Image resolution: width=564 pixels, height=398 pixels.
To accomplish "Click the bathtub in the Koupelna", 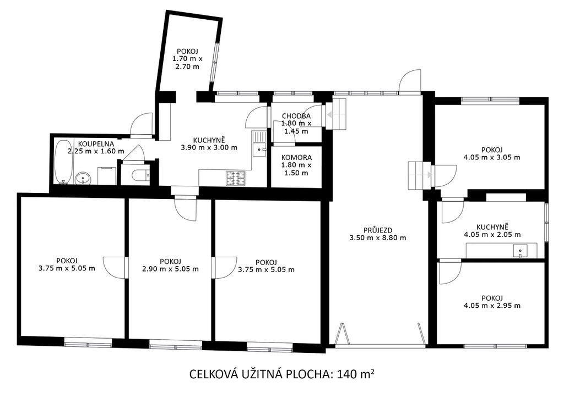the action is pos(64,162).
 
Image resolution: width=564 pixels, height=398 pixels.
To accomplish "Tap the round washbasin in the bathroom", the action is pos(84,178).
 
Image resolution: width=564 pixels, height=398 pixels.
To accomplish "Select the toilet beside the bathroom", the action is pos(141,175).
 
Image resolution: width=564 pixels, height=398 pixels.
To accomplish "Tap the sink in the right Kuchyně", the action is pos(520,251).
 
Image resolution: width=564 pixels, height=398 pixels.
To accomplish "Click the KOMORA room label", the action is pos(296,158).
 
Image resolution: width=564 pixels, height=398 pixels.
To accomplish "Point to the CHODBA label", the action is pos(296,116).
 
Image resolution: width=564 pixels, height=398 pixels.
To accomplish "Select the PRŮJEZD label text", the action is pos(378,230).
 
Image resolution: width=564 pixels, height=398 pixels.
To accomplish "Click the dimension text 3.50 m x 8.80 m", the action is pos(378,237).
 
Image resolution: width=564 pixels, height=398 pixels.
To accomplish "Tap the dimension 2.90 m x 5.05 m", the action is pos(171,269).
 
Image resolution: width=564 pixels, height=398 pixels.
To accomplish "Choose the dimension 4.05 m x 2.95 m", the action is pos(492,306).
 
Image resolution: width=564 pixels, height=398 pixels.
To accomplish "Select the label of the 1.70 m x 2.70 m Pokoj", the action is pos(187,51).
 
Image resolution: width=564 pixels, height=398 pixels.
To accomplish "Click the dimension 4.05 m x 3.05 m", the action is pos(492,157).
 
